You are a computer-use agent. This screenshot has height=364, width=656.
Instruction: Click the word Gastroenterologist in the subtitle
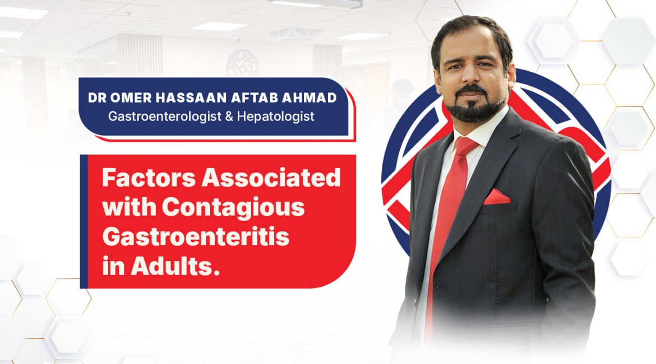coord(164,116)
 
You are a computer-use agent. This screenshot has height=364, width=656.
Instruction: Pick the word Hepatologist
coord(275,116)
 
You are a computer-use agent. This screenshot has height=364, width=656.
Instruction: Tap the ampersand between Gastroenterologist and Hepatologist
coord(229,116)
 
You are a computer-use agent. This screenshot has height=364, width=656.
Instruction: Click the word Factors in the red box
coord(149,178)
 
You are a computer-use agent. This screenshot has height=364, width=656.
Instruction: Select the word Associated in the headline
coord(271,178)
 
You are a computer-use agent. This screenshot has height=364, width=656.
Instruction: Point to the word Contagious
coord(233,207)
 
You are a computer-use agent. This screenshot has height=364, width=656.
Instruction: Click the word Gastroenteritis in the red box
coord(196,237)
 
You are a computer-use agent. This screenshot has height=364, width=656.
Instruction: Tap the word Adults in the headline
coord(175,266)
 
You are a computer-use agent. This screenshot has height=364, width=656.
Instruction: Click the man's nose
coord(468,77)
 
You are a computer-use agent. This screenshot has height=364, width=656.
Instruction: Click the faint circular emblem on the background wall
coord(243,63)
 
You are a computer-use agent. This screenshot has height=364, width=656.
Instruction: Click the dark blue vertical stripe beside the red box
coord(84,222)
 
